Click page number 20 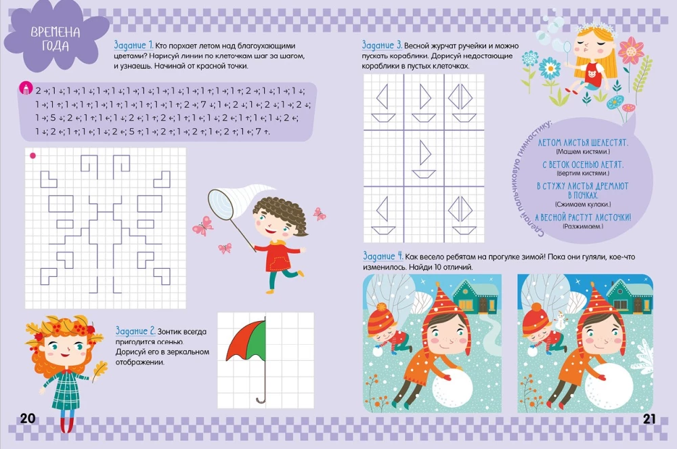(27, 418)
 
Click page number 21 (649, 418)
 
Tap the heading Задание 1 (133, 43)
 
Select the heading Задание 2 (135, 331)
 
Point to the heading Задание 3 (382, 43)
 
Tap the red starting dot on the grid (32, 156)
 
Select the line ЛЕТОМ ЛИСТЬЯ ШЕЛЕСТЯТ (582, 144)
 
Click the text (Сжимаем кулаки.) (582, 204)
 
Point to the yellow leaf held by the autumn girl (100, 369)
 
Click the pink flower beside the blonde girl (630, 49)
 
